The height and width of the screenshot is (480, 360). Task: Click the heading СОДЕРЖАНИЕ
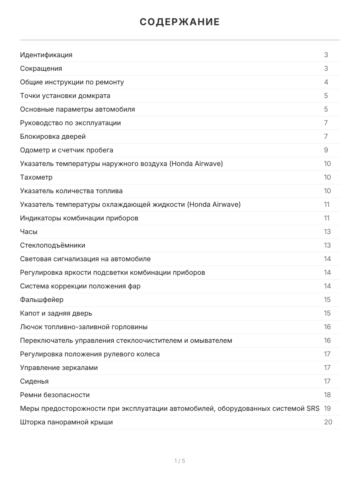[x=180, y=22]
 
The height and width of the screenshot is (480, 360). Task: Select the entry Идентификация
[x=46, y=55]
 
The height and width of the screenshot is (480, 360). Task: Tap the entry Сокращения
[x=41, y=68]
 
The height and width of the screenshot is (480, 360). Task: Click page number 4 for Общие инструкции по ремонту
[x=326, y=82]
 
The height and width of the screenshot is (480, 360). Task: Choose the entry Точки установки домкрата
[x=65, y=96]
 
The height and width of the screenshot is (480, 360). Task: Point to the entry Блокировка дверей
[x=53, y=136]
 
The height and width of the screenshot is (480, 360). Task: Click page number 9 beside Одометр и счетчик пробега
[x=326, y=150]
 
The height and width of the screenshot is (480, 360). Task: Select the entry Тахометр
[x=36, y=177]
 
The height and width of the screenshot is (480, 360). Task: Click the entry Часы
[x=29, y=232]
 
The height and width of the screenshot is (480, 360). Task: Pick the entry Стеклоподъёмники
[x=53, y=245]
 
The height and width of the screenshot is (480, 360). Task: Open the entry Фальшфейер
[x=42, y=300]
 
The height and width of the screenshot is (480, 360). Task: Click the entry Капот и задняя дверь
[x=56, y=313]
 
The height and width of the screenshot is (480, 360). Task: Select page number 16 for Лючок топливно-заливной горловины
[x=327, y=327]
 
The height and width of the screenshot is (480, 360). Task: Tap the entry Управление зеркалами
[x=59, y=368]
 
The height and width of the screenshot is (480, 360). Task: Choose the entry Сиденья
[x=34, y=381]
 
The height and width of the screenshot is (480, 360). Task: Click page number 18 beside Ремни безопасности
[x=327, y=395]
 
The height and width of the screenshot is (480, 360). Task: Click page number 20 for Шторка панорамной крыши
[x=328, y=422]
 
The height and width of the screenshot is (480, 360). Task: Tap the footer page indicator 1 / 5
[x=180, y=461]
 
